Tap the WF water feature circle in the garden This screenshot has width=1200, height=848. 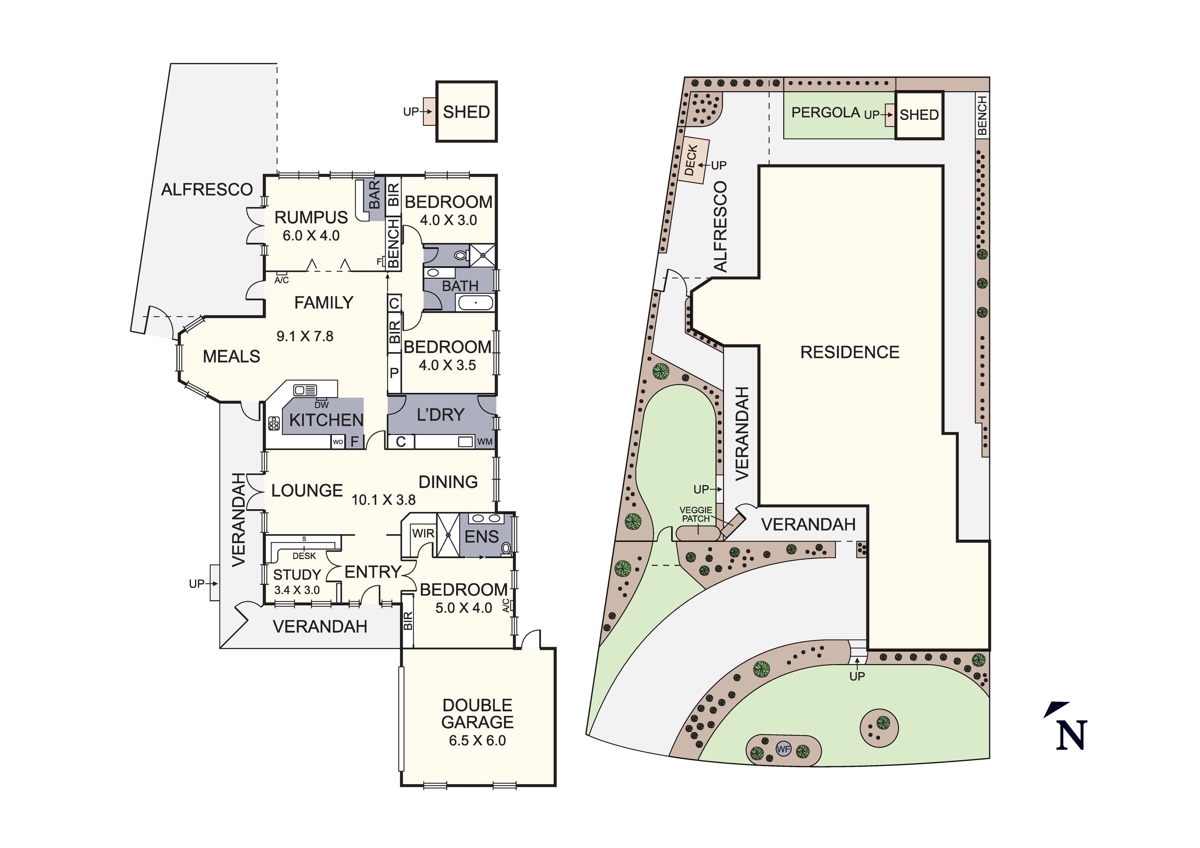tap(783, 749)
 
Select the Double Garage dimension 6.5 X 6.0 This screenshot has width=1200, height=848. tap(477, 740)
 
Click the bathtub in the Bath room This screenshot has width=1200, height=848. tap(475, 303)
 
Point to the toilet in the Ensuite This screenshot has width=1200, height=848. tap(505, 548)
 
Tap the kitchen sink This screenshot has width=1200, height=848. tap(305, 390)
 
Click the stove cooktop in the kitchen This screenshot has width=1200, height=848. tap(274, 423)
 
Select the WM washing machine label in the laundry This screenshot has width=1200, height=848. tap(485, 442)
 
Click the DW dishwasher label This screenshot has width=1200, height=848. tap(321, 404)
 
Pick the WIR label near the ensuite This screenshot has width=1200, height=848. tap(423, 533)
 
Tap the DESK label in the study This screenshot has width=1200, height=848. tap(304, 556)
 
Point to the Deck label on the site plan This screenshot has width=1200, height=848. tap(691, 160)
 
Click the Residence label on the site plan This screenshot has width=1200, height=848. tap(850, 352)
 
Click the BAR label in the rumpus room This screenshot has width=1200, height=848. tap(375, 194)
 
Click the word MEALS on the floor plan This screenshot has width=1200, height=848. tap(232, 357)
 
